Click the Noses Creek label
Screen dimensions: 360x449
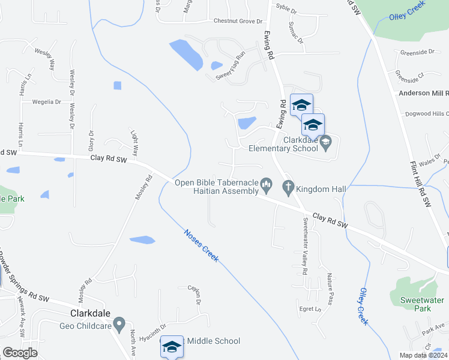point(201,245)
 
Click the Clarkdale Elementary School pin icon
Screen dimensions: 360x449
point(326,142)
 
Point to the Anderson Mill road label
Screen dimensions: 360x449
point(423,93)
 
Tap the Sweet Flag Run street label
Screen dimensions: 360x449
point(231,65)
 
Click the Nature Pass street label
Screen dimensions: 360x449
point(330,289)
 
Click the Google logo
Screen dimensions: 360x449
point(20,353)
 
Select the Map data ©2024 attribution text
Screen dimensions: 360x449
point(422,355)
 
